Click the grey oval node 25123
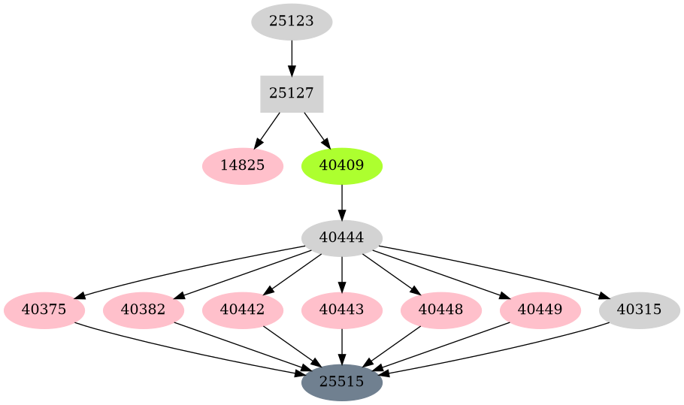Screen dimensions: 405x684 click(292, 22)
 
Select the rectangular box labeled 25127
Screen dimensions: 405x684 click(292, 94)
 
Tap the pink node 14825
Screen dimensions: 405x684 click(243, 165)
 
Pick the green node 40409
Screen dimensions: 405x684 click(342, 165)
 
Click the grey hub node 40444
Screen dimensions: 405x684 click(342, 237)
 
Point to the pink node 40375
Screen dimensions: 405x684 click(44, 310)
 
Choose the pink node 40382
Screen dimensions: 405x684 click(144, 310)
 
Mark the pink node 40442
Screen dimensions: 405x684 click(243, 310)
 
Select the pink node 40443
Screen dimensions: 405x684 click(342, 310)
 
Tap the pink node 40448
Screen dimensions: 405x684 click(441, 310)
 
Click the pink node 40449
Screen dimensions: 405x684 click(540, 310)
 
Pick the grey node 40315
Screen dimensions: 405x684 click(640, 310)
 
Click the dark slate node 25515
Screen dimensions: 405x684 click(342, 382)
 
